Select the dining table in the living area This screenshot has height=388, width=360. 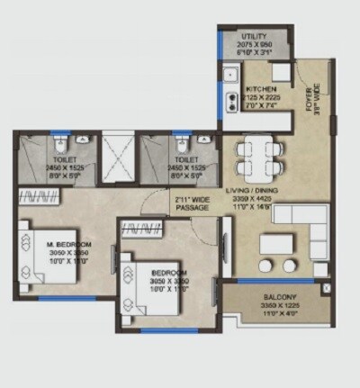256,155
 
